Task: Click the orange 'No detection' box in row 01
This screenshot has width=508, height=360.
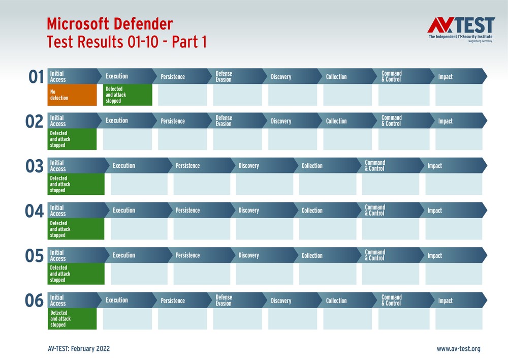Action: click(x=72, y=95)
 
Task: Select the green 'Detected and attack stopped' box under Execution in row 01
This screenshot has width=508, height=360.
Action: click(x=128, y=95)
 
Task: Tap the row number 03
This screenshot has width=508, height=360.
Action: click(x=35, y=166)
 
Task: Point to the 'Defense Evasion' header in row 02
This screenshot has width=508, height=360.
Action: click(x=224, y=121)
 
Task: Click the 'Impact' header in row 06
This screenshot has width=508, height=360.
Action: click(x=446, y=301)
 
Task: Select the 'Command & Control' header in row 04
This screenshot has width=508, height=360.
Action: click(x=375, y=211)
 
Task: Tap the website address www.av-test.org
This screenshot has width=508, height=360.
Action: click(x=458, y=349)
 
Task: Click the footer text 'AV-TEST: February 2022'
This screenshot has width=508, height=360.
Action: click(x=78, y=349)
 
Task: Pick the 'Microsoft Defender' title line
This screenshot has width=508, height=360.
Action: click(x=110, y=23)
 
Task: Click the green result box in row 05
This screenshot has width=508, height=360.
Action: click(x=76, y=274)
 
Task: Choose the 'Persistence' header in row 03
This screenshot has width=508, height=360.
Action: click(x=188, y=166)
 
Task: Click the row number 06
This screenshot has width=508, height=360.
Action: click(x=35, y=301)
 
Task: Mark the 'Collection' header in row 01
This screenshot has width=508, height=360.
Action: click(x=336, y=77)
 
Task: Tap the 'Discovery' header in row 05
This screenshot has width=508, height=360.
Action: click(x=249, y=255)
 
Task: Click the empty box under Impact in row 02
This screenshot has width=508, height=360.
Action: click(x=459, y=140)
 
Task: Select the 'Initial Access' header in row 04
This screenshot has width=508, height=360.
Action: click(x=57, y=211)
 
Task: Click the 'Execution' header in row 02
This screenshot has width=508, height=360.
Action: click(x=117, y=121)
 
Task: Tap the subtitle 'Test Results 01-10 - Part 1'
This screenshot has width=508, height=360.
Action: click(x=126, y=42)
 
